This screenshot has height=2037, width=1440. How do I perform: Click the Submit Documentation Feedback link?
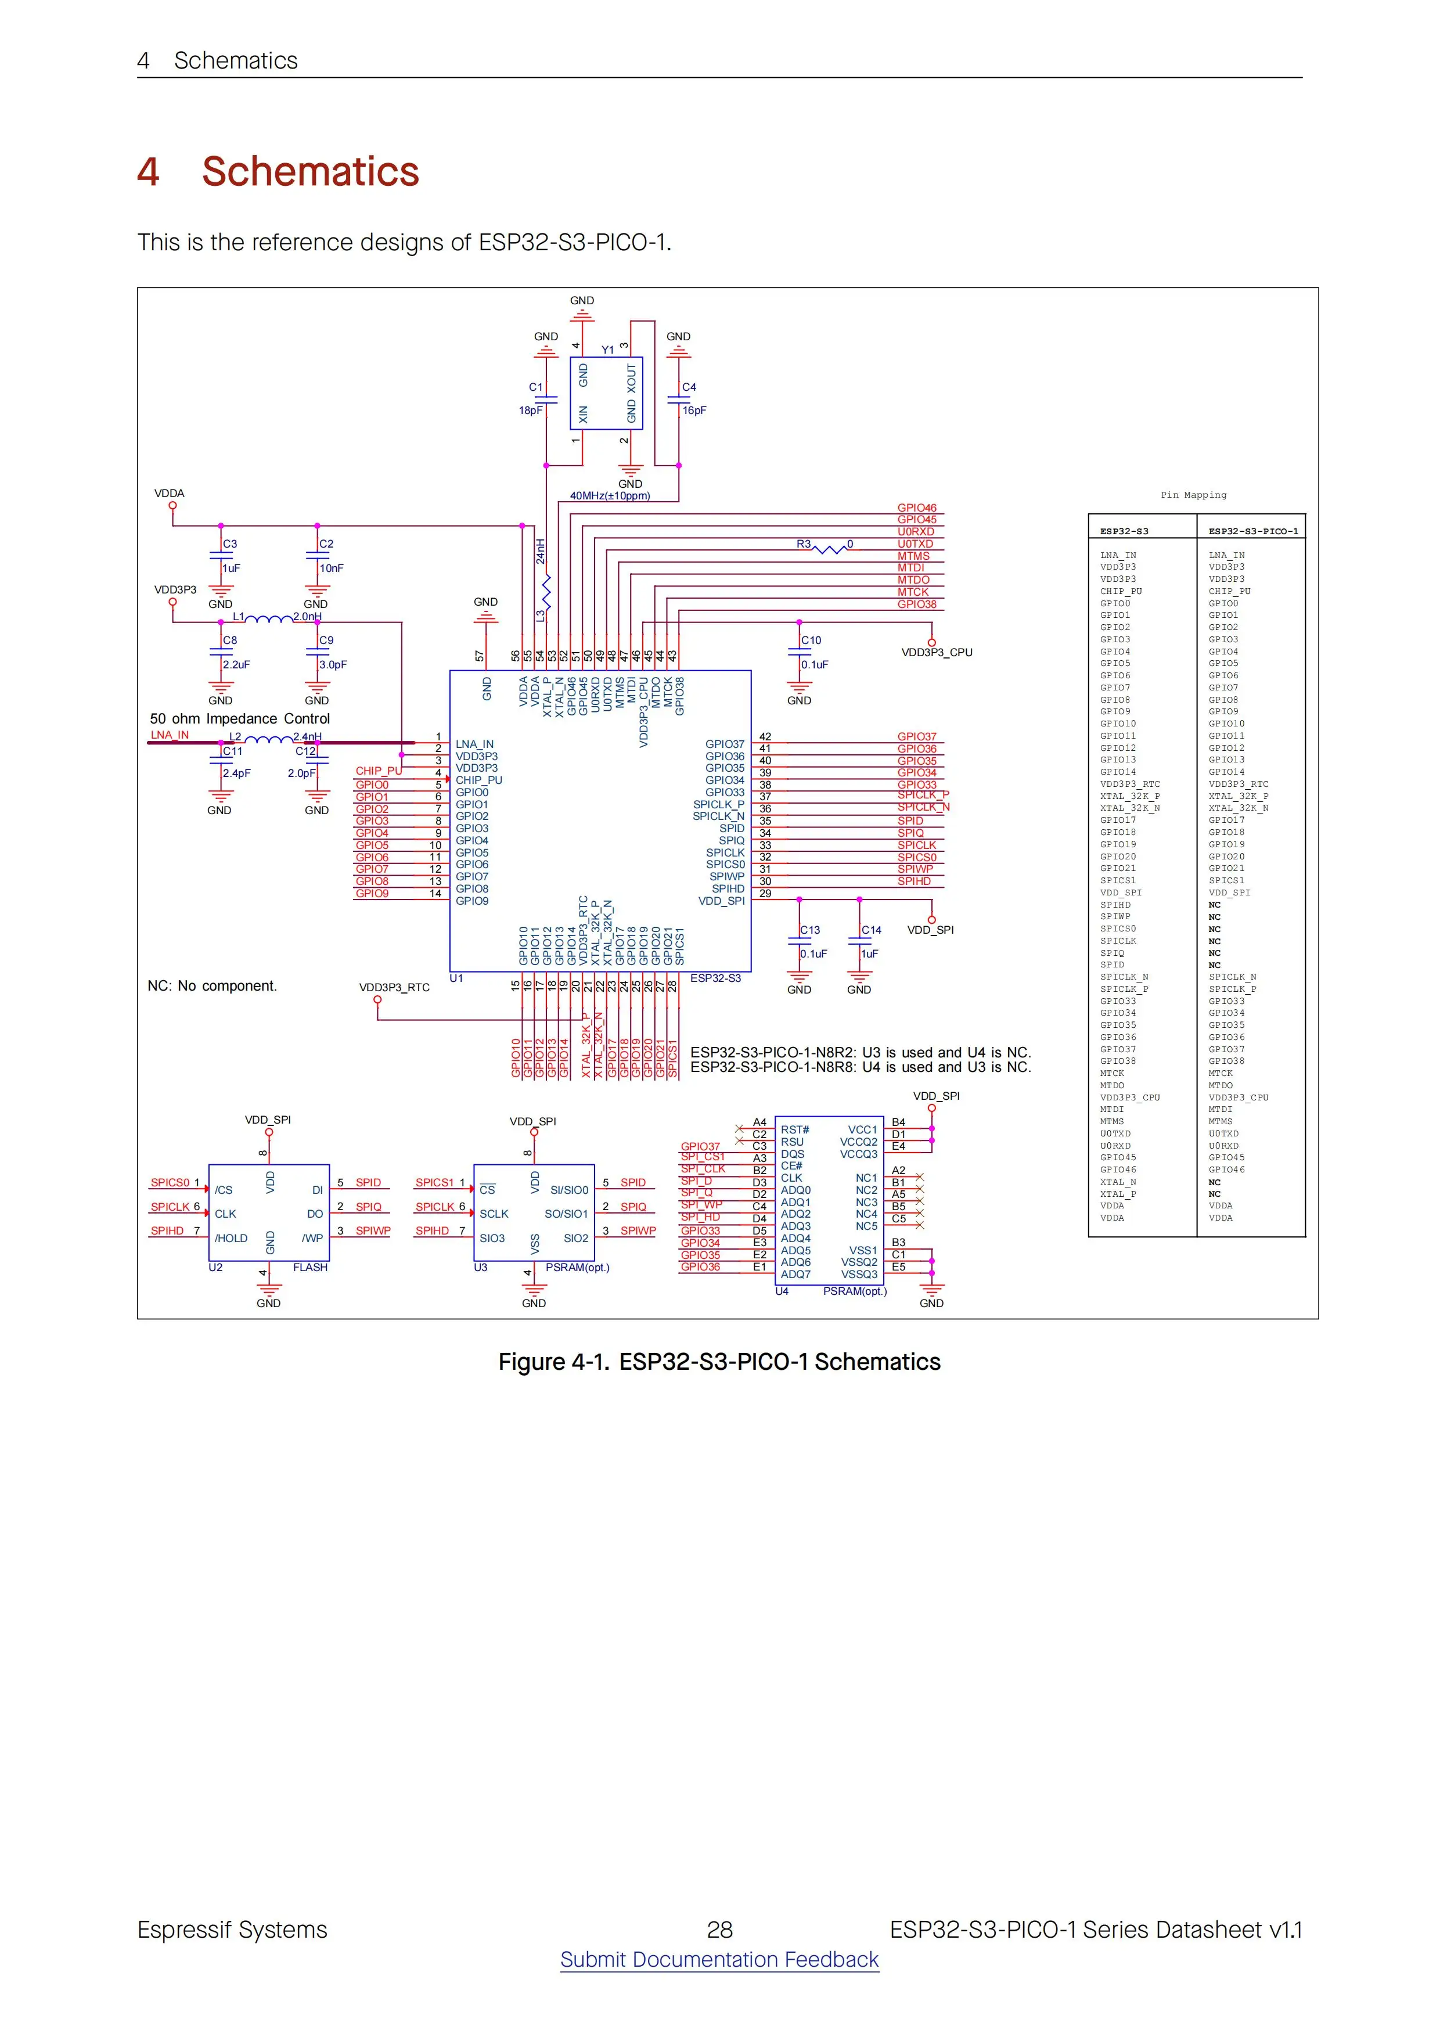coord(719,1959)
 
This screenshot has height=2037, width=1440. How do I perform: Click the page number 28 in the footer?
coord(719,1930)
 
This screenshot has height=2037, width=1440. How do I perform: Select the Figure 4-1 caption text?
coord(719,1362)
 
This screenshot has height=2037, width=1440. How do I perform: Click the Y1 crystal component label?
coord(608,351)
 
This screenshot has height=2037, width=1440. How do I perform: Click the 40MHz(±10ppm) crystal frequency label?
coord(610,496)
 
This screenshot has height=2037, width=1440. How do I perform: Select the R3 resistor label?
coord(803,544)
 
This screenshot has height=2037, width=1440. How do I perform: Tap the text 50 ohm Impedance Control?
coord(240,719)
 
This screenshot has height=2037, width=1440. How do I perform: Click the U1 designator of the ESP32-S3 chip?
coord(456,978)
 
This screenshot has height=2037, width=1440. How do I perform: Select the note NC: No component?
coord(212,985)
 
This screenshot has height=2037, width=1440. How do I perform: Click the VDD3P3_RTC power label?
coord(394,988)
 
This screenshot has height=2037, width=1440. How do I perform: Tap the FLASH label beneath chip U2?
coord(309,1268)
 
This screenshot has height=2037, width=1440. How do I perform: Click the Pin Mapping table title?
coord(1193,495)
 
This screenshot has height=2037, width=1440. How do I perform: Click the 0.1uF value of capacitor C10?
coord(815,664)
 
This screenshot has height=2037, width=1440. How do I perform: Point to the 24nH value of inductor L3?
coord(541,551)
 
